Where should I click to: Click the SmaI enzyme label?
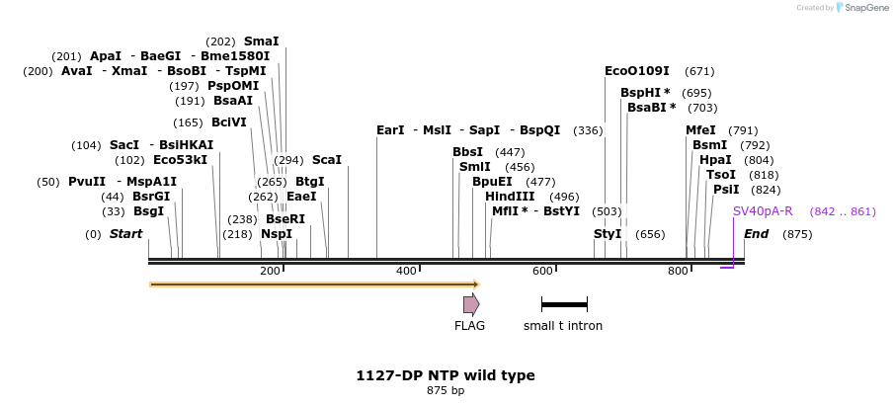(x=262, y=41)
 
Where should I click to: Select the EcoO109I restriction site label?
(x=637, y=71)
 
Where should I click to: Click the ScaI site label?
(x=327, y=160)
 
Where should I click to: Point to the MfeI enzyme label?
(x=701, y=130)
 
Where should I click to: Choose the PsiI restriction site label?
(x=726, y=190)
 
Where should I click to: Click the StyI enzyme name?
(x=608, y=234)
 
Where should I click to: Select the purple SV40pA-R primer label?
(x=763, y=211)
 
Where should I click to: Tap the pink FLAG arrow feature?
(x=471, y=304)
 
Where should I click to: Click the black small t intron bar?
(x=564, y=304)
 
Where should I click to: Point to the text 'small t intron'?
(x=563, y=326)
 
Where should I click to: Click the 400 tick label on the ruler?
(x=406, y=272)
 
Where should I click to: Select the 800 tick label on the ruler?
(x=678, y=272)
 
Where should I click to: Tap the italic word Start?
(x=125, y=234)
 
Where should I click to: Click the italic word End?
(x=757, y=234)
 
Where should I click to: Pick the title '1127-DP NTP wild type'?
(x=446, y=375)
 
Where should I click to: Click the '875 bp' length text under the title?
(x=446, y=391)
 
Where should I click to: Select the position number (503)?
(x=607, y=211)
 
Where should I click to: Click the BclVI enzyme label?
(x=229, y=122)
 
